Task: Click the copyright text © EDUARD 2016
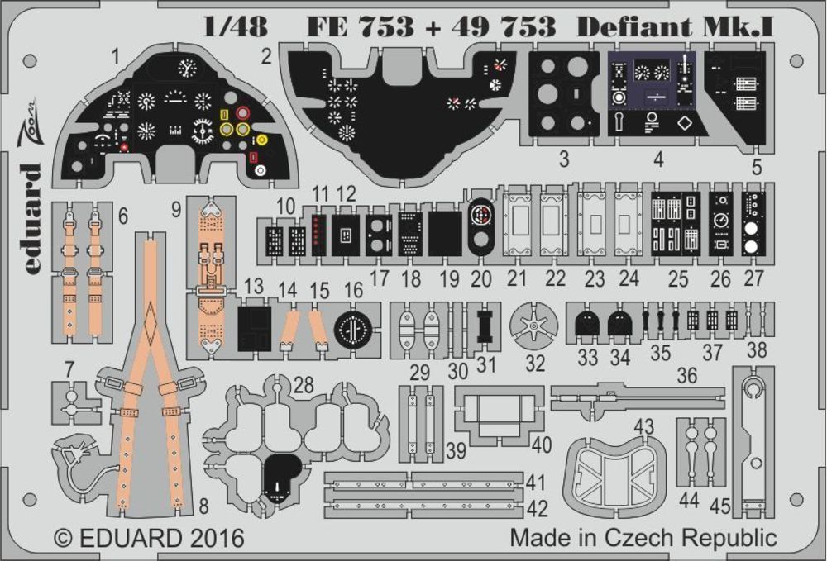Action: (150, 538)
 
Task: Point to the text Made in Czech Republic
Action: (643, 537)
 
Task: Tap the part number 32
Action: (535, 363)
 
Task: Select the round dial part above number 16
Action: (354, 330)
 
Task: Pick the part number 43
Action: (643, 426)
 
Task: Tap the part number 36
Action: (686, 375)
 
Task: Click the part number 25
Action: (678, 278)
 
